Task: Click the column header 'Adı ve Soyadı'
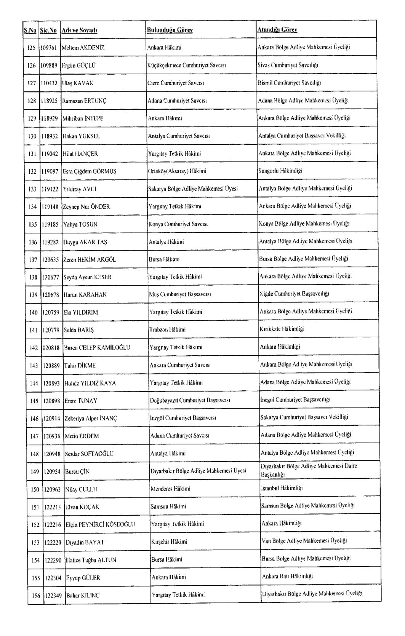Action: click(80, 30)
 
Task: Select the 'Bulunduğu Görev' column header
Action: click(170, 30)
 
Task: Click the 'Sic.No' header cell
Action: click(48, 30)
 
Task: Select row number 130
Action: click(32, 136)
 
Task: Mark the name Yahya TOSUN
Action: click(80, 224)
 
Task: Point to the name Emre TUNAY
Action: click(81, 401)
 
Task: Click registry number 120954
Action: click(52, 471)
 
